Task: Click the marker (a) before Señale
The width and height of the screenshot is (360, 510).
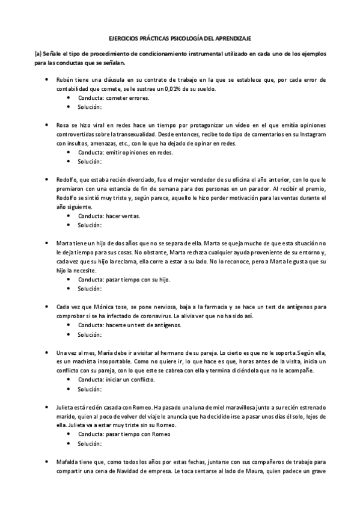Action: [38, 54]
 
